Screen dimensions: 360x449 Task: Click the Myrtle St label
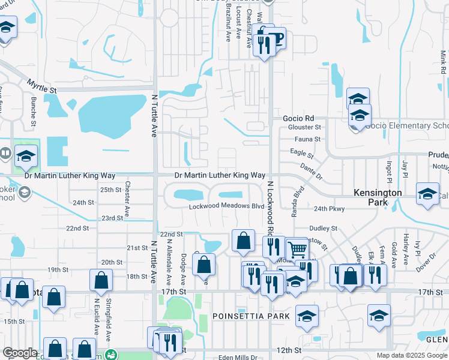click(x=41, y=85)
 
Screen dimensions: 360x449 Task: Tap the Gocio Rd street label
click(x=298, y=119)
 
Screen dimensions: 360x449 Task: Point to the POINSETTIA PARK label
click(x=251, y=316)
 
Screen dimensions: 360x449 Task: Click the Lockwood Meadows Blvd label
click(x=226, y=206)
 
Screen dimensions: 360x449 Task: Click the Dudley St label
click(x=324, y=229)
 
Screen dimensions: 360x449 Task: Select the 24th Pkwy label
click(x=329, y=209)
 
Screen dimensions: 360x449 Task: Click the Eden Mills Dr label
click(x=238, y=358)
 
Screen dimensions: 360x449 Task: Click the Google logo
click(x=20, y=353)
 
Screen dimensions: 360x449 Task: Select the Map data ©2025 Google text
click(x=411, y=355)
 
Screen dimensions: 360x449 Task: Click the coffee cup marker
click(x=276, y=39)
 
